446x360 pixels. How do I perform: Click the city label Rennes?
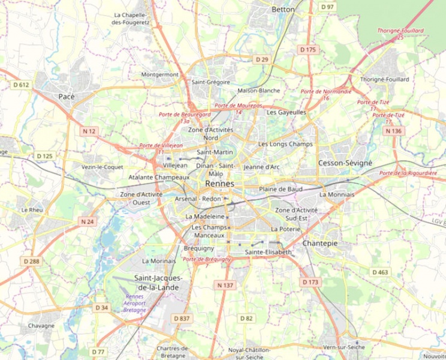pos(219,184)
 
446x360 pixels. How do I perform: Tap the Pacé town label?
pos(67,96)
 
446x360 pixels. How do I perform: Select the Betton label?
pos(283,10)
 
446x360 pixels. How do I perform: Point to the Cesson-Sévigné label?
pos(345,163)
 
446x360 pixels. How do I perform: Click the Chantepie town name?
pos(320,243)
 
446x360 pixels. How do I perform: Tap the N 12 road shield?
pos(89,131)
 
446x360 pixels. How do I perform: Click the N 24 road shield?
pos(88,221)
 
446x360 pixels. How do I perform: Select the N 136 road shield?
pos(393,131)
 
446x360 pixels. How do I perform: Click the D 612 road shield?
pos(21,85)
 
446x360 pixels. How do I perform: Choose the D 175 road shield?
pos(308,49)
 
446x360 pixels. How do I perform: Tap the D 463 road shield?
pos(380,272)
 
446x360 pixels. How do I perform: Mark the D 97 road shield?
pos(327,7)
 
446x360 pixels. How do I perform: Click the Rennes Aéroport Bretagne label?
pos(134,304)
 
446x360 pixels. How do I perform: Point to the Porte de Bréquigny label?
pos(207,262)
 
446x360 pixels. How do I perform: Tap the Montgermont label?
pos(159,74)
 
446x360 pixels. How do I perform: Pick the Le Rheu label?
pos(31,210)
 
